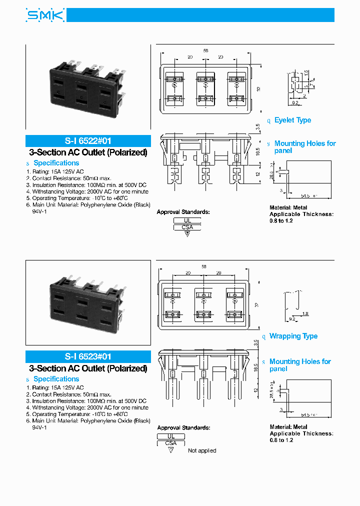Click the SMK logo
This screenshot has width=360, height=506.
click(x=45, y=16)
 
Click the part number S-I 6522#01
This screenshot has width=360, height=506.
click(x=88, y=141)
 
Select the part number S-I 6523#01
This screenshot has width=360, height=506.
click(x=88, y=357)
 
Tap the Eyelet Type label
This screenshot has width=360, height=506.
click(x=292, y=120)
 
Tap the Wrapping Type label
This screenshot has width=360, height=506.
click(x=293, y=336)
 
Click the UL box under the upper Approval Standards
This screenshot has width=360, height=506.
click(x=187, y=220)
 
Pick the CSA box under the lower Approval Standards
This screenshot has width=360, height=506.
click(x=171, y=443)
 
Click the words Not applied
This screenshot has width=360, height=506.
click(x=202, y=451)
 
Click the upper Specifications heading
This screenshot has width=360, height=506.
click(x=56, y=163)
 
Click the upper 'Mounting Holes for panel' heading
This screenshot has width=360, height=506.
click(x=304, y=147)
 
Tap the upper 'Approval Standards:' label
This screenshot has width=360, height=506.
click(x=183, y=212)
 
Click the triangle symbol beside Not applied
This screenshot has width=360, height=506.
click(x=171, y=450)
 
